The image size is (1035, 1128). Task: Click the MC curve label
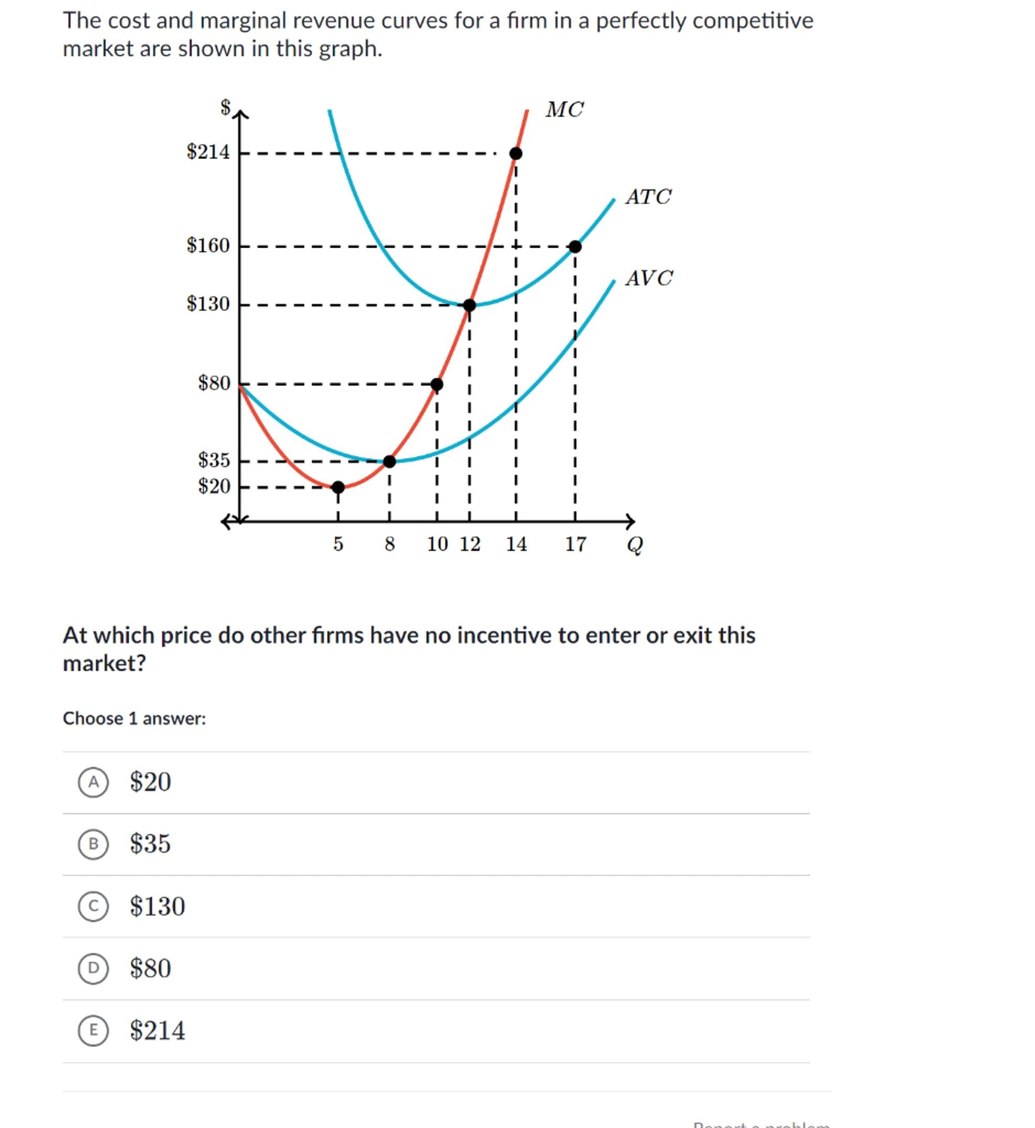pyautogui.click(x=565, y=110)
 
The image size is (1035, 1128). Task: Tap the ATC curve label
pyautogui.click(x=648, y=197)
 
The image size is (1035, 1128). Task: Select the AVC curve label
pyautogui.click(x=649, y=278)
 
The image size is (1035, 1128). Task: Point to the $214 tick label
pyautogui.click(x=208, y=152)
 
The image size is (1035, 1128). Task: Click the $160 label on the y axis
pyautogui.click(x=208, y=246)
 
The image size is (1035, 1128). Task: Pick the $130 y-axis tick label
pyautogui.click(x=208, y=304)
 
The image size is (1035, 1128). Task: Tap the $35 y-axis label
pyautogui.click(x=214, y=460)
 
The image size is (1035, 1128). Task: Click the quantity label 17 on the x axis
pyautogui.click(x=575, y=544)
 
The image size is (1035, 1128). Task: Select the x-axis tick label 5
pyautogui.click(x=339, y=544)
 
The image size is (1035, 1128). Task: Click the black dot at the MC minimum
pyautogui.click(x=339, y=487)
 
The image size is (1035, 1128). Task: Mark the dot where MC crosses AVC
pyautogui.click(x=390, y=462)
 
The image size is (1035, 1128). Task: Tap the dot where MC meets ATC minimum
pyautogui.click(x=470, y=305)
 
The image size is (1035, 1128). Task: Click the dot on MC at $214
pyautogui.click(x=516, y=153)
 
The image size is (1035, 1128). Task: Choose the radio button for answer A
pyautogui.click(x=93, y=782)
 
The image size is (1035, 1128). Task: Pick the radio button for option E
pyautogui.click(x=93, y=1030)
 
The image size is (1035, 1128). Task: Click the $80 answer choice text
pyautogui.click(x=150, y=969)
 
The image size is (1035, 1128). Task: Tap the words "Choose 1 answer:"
pyautogui.click(x=134, y=718)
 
